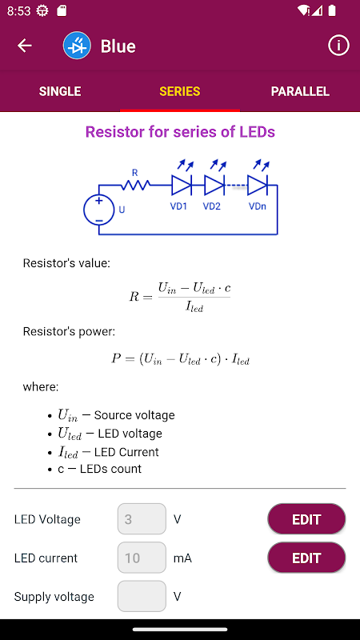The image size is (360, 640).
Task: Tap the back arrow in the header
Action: [x=25, y=46]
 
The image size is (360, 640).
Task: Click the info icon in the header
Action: [x=338, y=46]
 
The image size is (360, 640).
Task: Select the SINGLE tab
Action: [x=60, y=91]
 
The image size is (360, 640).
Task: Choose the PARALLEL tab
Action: [x=300, y=91]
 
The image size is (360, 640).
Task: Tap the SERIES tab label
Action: [x=179, y=91]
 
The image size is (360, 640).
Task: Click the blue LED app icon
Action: [x=77, y=46]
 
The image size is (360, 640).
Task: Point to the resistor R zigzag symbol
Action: [x=135, y=186]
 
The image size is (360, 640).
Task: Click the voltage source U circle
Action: [x=98, y=210]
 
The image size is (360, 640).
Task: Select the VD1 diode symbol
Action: [x=182, y=186]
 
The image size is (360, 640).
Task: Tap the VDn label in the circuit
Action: [x=258, y=206]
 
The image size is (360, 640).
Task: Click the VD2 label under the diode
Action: [x=212, y=206]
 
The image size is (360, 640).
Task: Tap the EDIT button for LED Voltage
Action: [x=306, y=519]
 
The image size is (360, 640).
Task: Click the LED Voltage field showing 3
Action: [x=142, y=518]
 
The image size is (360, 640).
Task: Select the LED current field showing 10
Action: [x=142, y=558]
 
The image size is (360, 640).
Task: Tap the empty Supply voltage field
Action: [x=142, y=596]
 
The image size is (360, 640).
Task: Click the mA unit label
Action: [x=182, y=558]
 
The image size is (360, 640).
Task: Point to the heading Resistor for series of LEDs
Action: [x=180, y=132]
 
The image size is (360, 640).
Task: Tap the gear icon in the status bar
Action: [x=42, y=10]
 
